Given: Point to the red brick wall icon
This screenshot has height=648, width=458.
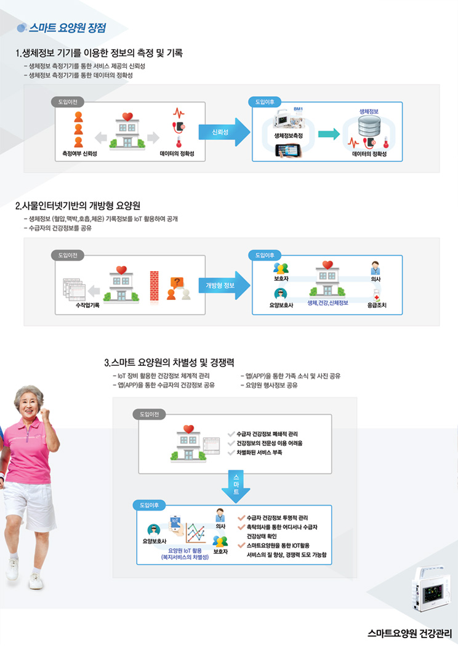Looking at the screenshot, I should click(153, 285).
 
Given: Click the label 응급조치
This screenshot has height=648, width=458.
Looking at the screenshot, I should click(376, 305).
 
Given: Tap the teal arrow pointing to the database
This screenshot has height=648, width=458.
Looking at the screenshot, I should click(329, 134).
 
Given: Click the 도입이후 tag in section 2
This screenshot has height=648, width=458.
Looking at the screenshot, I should click(265, 254).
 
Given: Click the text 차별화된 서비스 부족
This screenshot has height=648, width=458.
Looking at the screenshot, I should click(259, 453).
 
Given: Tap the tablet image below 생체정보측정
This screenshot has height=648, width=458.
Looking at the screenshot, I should click(290, 150).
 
